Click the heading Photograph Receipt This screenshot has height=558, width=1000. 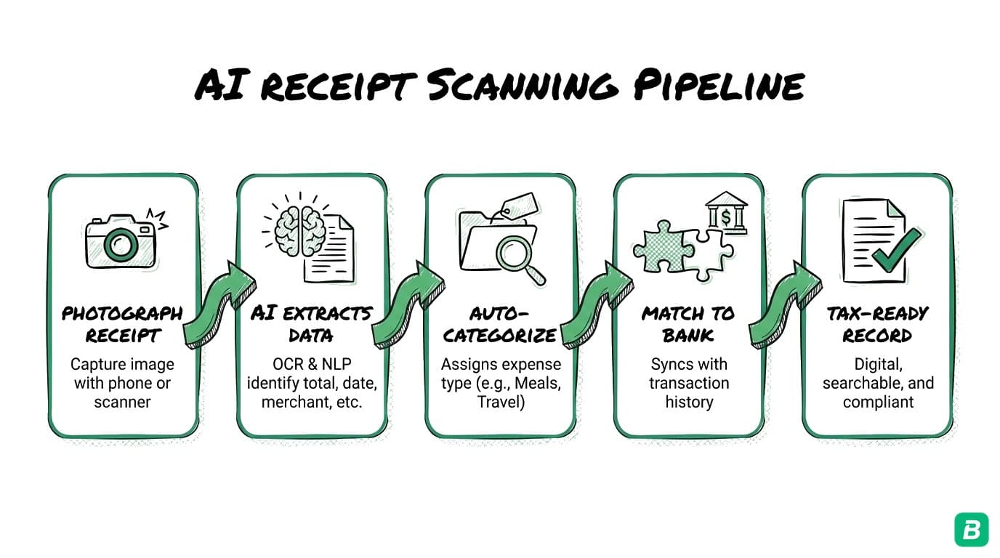(x=122, y=325)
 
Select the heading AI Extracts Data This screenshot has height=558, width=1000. (x=311, y=325)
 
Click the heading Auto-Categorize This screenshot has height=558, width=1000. (x=500, y=325)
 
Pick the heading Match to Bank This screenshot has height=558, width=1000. (x=688, y=325)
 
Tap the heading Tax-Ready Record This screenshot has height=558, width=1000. (x=877, y=325)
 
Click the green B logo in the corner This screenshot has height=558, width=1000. (x=971, y=529)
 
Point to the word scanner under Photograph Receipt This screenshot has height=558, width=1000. (x=122, y=402)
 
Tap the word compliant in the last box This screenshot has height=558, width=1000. (x=877, y=402)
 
